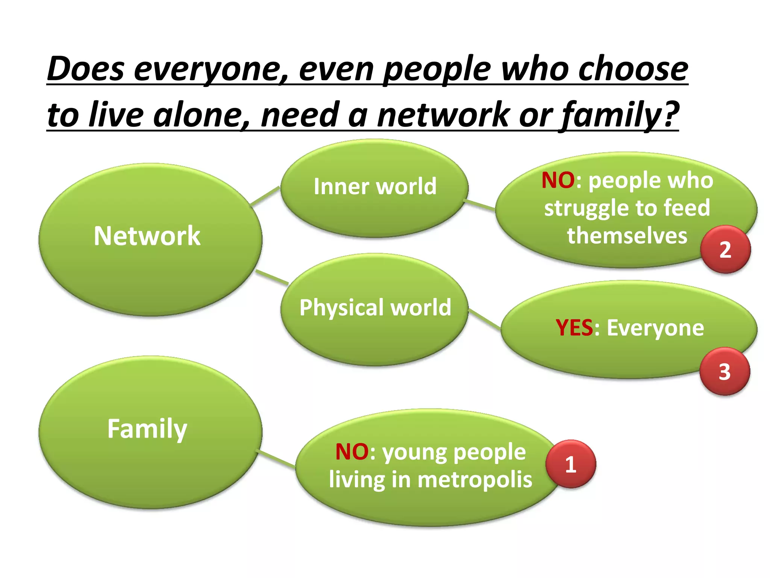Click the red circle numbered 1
click(571, 464)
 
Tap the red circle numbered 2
click(725, 249)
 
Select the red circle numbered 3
click(725, 371)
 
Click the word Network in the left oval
click(147, 236)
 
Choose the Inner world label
click(375, 186)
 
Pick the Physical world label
click(375, 307)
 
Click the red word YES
click(574, 328)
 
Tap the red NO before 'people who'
click(558, 180)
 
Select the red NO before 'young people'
click(352, 452)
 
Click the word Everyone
click(655, 328)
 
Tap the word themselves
click(627, 236)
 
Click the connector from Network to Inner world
click(265, 196)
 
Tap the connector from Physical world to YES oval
click(485, 319)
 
